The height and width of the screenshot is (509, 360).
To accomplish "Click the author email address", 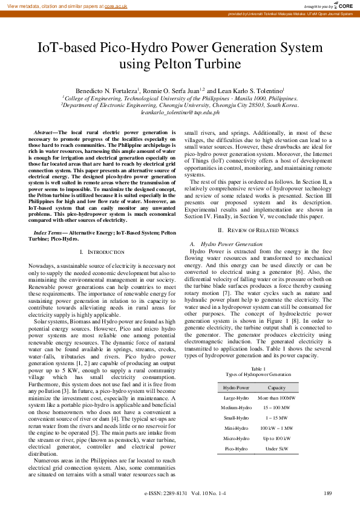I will tap(180, 112).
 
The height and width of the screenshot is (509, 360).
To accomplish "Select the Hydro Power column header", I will tap(236, 387).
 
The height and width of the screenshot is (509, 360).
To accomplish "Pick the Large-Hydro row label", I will tap(236, 398).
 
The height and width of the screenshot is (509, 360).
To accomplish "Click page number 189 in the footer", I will tap(328, 493).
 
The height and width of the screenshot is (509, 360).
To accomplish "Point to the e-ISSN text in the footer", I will tap(159, 493).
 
